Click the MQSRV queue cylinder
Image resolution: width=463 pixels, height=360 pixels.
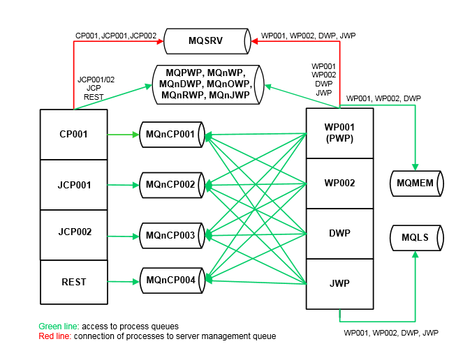pos(206,41)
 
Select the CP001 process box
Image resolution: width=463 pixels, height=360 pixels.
pos(74,134)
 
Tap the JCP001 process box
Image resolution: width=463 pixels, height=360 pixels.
pos(74,185)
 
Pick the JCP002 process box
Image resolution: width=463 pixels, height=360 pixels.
pos(74,232)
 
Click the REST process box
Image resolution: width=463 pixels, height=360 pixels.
pos(74,282)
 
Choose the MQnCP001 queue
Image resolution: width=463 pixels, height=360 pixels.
pos(172,134)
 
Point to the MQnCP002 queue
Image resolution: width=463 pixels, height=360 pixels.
pos(172,185)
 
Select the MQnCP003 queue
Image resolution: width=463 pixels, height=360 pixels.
pos(172,235)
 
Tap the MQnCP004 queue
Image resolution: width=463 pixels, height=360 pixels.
pos(172,280)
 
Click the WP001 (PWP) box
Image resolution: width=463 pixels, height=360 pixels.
pos(339,133)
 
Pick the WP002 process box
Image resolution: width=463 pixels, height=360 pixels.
pos(339,183)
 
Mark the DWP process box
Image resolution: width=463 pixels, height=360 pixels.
pos(339,233)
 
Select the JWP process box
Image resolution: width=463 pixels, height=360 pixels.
pos(339,284)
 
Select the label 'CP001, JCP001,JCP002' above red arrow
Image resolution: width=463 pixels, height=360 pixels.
pos(115,35)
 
